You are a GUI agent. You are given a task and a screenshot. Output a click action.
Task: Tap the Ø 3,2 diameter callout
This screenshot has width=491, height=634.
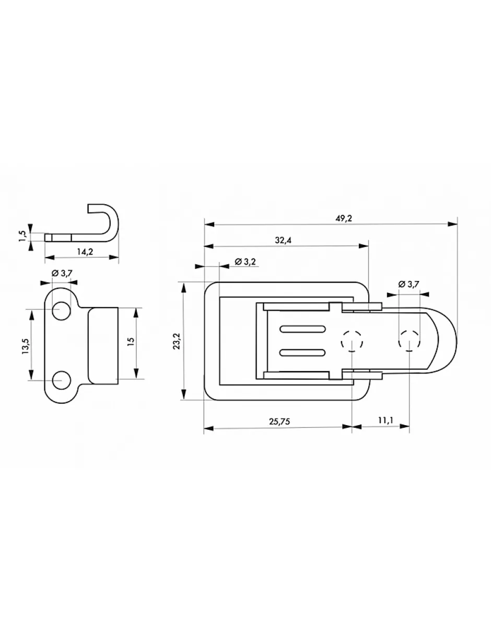tap(245, 262)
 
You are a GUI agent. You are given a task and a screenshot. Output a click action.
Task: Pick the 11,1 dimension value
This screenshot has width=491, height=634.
tap(386, 420)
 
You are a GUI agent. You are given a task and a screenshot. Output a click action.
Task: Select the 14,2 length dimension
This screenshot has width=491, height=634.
tap(85, 252)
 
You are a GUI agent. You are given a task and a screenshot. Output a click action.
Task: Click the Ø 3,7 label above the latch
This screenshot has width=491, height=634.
tap(408, 284)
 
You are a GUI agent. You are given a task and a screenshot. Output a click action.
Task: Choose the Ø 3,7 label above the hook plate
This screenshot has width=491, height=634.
tap(62, 273)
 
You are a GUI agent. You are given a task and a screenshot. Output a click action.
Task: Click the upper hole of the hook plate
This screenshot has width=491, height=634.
tap(61, 310)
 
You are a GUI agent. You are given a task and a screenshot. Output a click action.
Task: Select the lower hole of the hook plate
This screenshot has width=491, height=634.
tap(62, 381)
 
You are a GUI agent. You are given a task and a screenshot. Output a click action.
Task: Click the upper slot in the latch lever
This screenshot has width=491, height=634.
tap(302, 329)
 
